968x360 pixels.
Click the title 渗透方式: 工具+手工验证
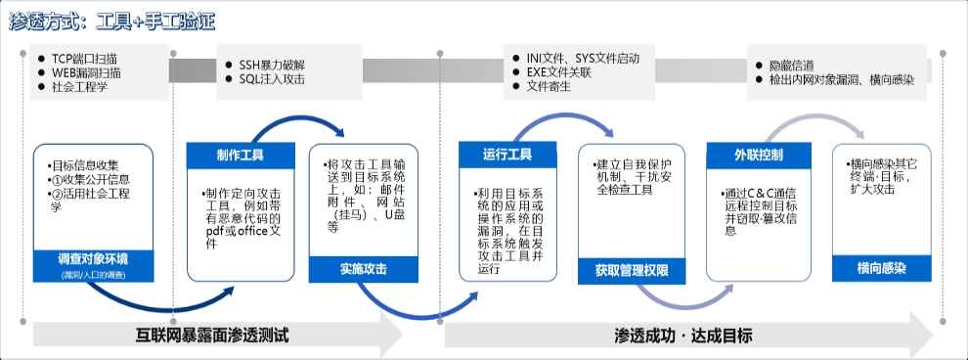point(111,21)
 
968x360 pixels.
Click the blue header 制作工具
point(240,156)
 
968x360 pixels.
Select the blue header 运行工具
point(507,155)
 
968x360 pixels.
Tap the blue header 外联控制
point(758,155)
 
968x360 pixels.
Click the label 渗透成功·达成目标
point(684,335)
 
